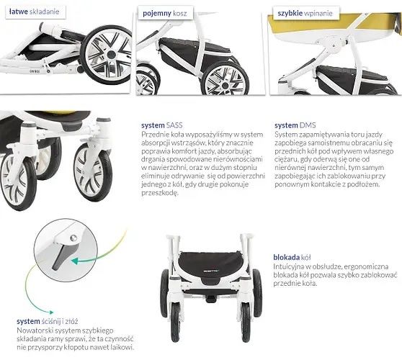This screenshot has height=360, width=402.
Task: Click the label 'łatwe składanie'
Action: coord(34,12)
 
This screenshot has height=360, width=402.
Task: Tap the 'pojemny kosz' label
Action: coord(164,14)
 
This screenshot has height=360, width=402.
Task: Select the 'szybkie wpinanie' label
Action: coord(305,14)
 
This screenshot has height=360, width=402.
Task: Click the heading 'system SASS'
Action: coord(162,125)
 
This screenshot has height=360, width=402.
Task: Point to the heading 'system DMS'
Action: coord(295,125)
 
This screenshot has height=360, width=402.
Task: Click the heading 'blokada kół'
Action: coord(292,257)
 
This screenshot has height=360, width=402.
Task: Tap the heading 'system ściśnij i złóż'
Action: coord(47,321)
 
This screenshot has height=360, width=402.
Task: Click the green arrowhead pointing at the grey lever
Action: coord(75,261)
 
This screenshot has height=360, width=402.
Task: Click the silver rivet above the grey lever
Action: coord(73,238)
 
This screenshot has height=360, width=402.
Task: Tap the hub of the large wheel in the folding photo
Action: coord(111,54)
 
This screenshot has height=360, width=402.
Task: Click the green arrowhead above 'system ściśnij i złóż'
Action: coord(52,312)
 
